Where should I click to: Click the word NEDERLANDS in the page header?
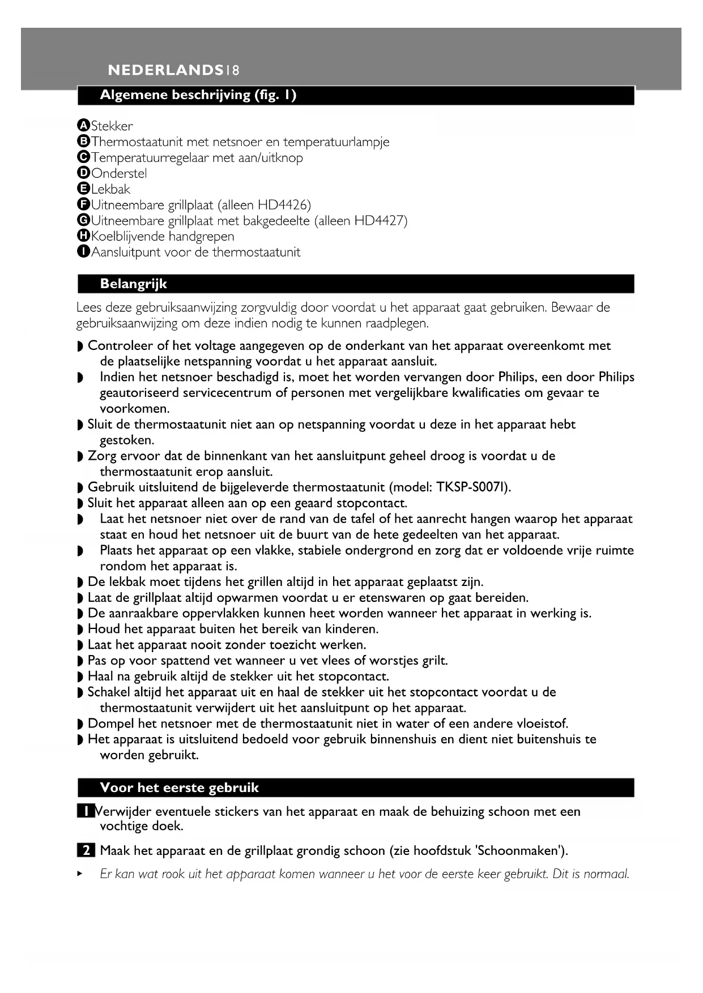click(x=165, y=70)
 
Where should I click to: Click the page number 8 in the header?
click(x=236, y=70)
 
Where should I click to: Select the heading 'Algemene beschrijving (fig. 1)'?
click(x=198, y=95)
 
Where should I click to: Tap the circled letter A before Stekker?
click(x=83, y=126)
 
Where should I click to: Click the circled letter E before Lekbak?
click(x=83, y=189)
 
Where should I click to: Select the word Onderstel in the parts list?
click(x=119, y=173)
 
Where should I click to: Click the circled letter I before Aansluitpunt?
click(x=83, y=252)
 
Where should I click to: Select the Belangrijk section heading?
click(x=133, y=284)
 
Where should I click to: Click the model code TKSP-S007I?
click(x=472, y=487)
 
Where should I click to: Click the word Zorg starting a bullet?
click(x=100, y=456)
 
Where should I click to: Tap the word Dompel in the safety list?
click(x=108, y=724)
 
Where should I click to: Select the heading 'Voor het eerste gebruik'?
click(x=179, y=787)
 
